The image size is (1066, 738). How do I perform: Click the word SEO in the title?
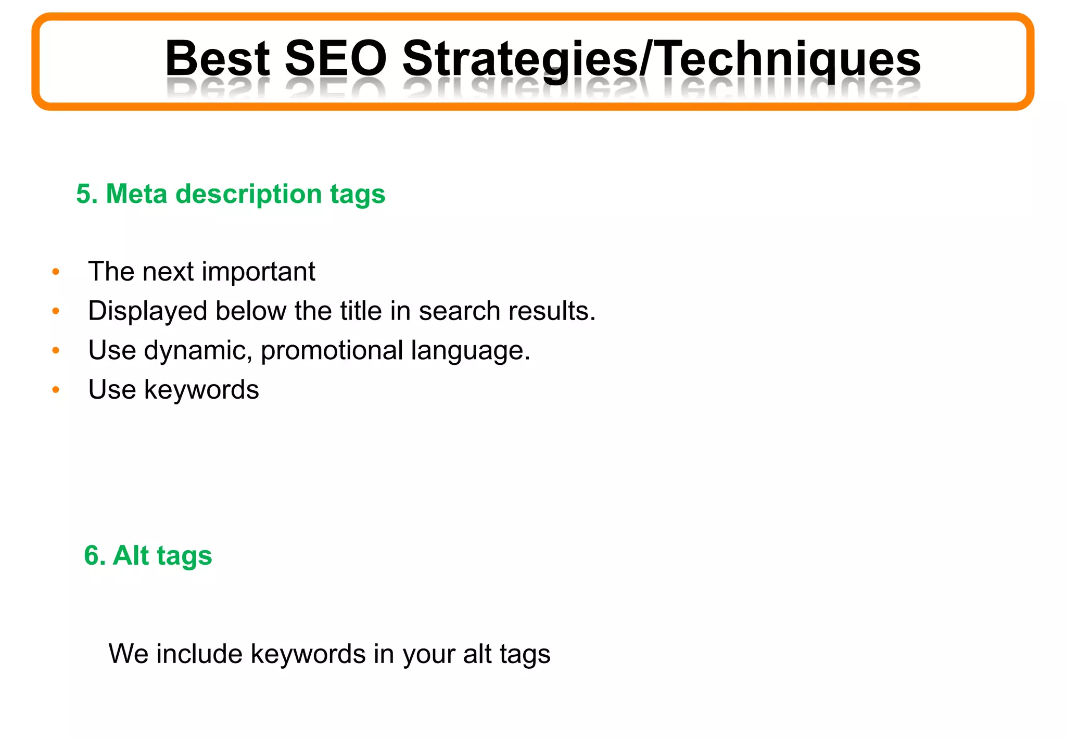tap(336, 58)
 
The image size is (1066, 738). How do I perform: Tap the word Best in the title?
tap(218, 58)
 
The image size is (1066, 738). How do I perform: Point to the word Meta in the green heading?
tap(136, 194)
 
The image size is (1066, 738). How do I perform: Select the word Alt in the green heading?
tap(131, 555)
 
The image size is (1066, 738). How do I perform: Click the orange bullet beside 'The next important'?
tap(56, 272)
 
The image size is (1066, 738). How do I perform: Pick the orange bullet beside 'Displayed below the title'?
tap(56, 311)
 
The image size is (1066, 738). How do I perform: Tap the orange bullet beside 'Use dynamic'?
tap(56, 350)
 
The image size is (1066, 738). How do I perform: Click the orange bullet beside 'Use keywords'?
tap(56, 390)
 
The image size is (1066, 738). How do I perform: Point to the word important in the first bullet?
tap(258, 272)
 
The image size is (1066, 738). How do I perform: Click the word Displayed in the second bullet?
tap(148, 312)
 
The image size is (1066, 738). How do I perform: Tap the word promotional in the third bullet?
tap(332, 351)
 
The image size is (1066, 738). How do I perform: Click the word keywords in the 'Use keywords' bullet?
tap(201, 390)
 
